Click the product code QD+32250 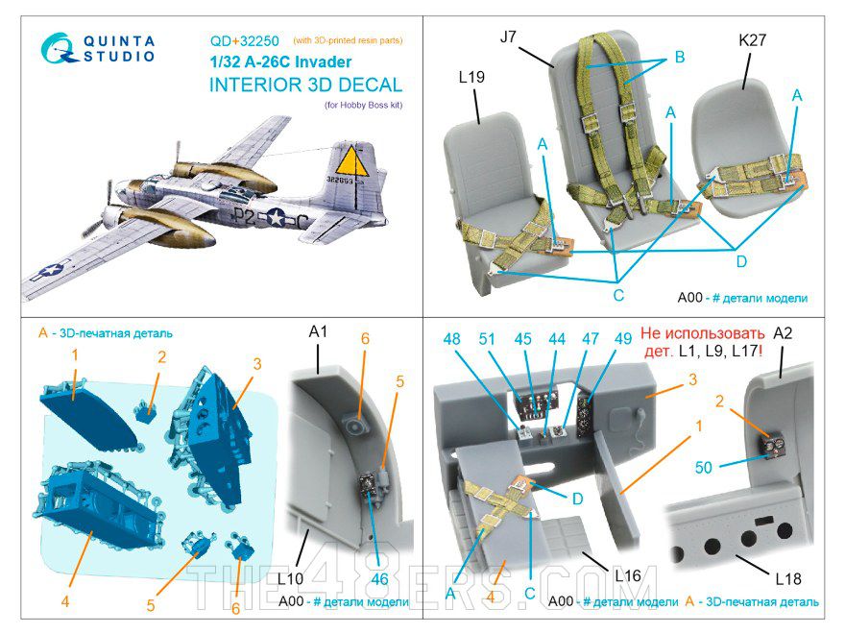(x=244, y=41)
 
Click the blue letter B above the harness (x=678, y=58)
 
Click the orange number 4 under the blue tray (x=64, y=601)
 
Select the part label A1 (x=320, y=333)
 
